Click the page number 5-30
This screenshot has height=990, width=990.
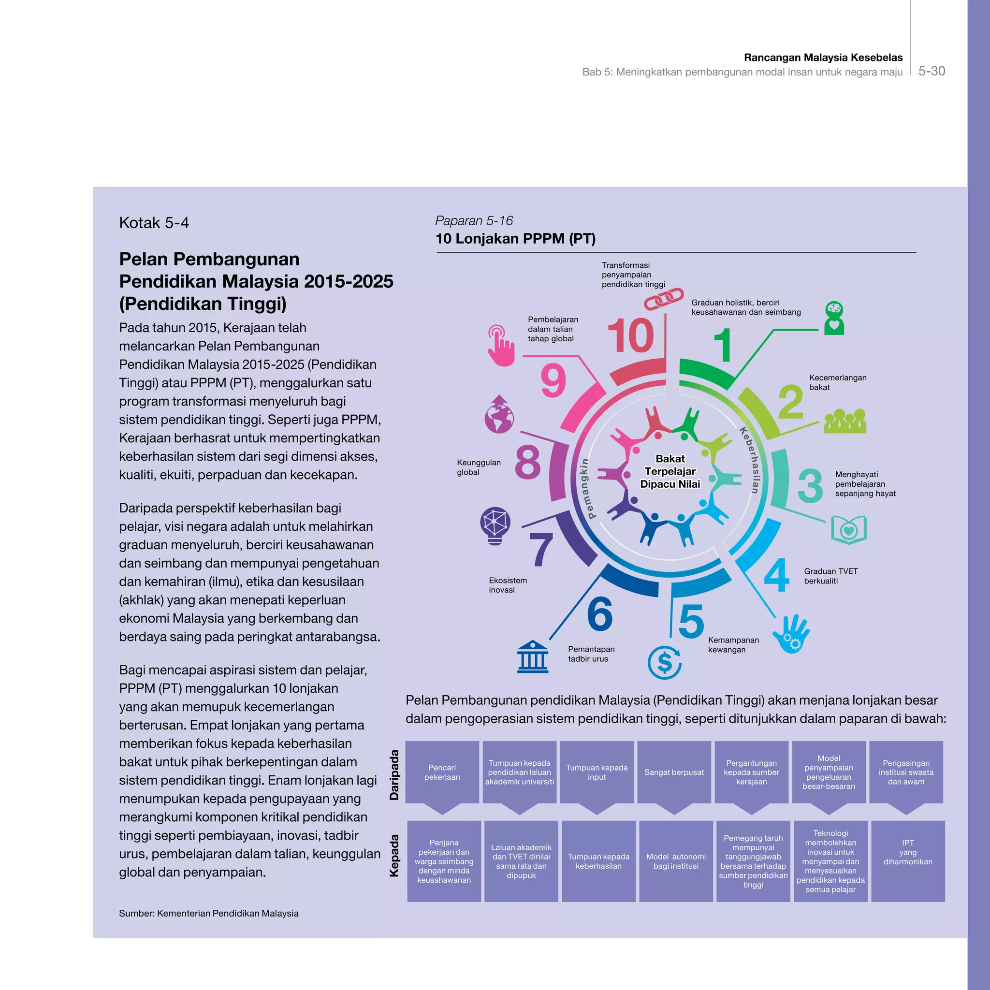point(931,71)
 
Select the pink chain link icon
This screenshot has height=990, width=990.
point(664,298)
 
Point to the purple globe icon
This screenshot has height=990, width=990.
point(498,415)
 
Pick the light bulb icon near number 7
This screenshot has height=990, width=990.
point(495,526)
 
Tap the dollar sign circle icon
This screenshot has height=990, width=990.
point(664,663)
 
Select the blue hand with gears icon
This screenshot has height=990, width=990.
point(791,634)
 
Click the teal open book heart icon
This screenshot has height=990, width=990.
point(848,529)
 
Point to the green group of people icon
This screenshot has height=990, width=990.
point(845,421)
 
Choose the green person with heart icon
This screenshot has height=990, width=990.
point(834,318)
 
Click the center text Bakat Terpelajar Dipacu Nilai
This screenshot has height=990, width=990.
point(670,471)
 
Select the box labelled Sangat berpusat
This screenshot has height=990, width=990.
point(674,772)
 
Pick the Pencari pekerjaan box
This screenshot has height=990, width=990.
point(442,772)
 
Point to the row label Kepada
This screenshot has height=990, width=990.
point(394,856)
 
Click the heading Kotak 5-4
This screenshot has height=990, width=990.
point(154,223)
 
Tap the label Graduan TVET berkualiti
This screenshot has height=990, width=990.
point(830,576)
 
